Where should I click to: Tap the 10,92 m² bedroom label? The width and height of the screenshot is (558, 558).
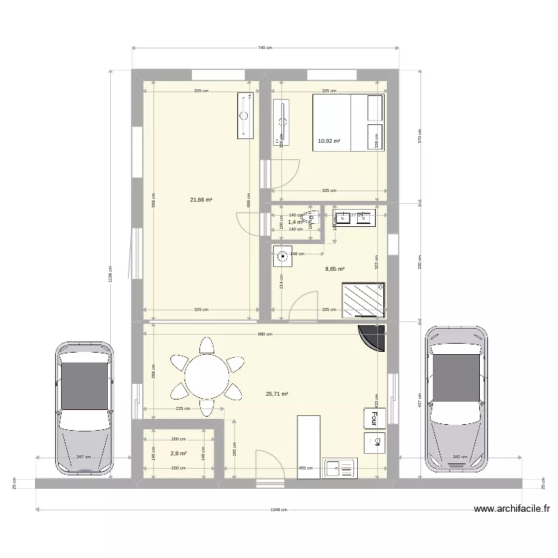[329, 141]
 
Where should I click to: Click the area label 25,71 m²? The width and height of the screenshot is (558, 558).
[277, 394]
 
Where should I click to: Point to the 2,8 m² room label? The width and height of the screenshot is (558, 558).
[178, 453]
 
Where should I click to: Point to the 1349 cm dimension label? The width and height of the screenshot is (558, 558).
[279, 510]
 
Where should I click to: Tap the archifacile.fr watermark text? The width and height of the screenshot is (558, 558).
[513, 510]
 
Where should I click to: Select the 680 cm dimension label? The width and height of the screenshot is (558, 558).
[264, 334]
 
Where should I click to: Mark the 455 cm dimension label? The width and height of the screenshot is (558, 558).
[305, 469]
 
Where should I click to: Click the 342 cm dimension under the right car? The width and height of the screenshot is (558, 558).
[458, 457]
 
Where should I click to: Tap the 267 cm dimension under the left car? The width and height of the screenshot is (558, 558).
[83, 457]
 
